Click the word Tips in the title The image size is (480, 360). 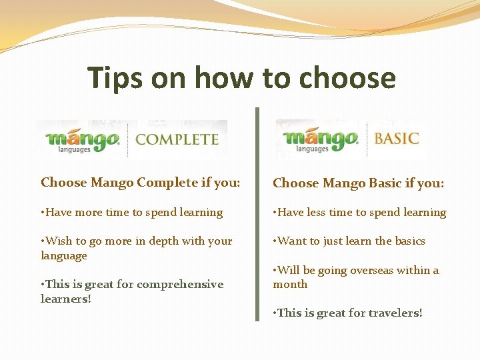click(x=115, y=78)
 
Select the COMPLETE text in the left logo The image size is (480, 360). click(x=177, y=139)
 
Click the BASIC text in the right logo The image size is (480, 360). click(x=396, y=139)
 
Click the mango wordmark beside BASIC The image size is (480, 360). click(x=321, y=140)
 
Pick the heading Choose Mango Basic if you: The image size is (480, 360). click(x=358, y=183)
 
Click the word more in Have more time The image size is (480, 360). click(x=88, y=213)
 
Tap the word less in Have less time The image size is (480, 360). click(x=319, y=213)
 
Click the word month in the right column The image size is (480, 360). click(x=290, y=285)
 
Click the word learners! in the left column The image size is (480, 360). click(x=65, y=299)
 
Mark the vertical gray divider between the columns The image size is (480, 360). click(x=257, y=213)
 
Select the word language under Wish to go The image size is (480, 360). click(x=64, y=256)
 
